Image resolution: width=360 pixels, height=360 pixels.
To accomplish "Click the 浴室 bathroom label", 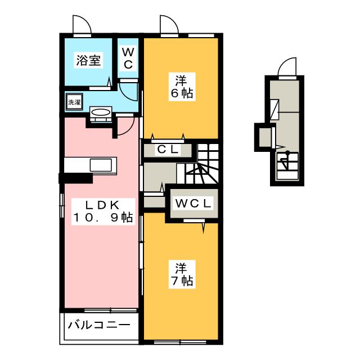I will coord(89,60).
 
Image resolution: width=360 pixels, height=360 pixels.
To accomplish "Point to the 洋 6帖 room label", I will coord(181,87).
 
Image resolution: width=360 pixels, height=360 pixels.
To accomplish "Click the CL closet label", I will coord(168,150).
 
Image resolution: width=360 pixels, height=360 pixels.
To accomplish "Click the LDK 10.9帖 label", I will coord(101,211).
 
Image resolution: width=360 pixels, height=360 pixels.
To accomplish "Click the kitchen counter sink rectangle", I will coord(101,166).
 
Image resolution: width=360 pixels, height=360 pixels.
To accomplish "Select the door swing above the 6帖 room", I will coord(168,25).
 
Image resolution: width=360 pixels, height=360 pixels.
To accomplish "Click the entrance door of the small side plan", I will coord(287,66).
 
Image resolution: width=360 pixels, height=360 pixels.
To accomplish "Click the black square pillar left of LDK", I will coord(75,179).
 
